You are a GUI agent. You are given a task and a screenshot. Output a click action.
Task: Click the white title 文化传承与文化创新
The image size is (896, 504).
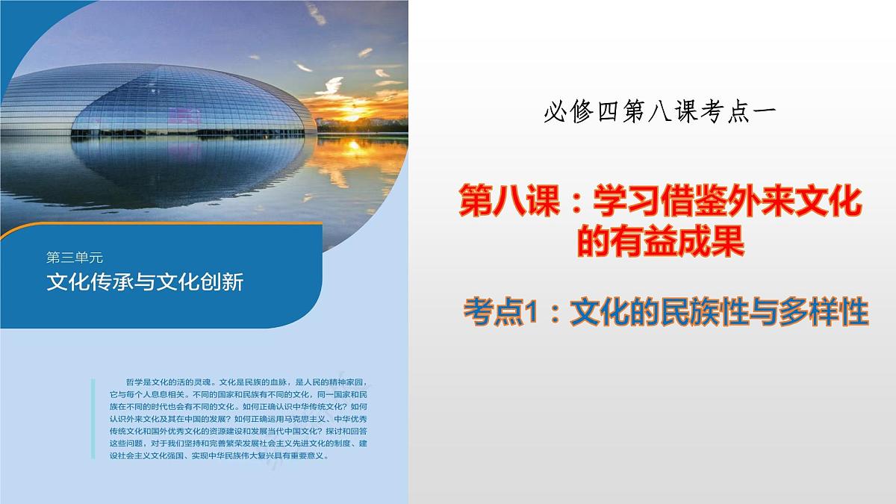[x=145, y=282]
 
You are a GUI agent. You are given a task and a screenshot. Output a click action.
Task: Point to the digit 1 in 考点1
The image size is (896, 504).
[x=531, y=311]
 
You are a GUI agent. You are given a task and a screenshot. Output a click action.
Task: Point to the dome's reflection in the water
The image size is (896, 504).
[x=164, y=179]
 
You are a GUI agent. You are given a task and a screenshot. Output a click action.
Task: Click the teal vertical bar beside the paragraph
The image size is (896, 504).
[x=93, y=417]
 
